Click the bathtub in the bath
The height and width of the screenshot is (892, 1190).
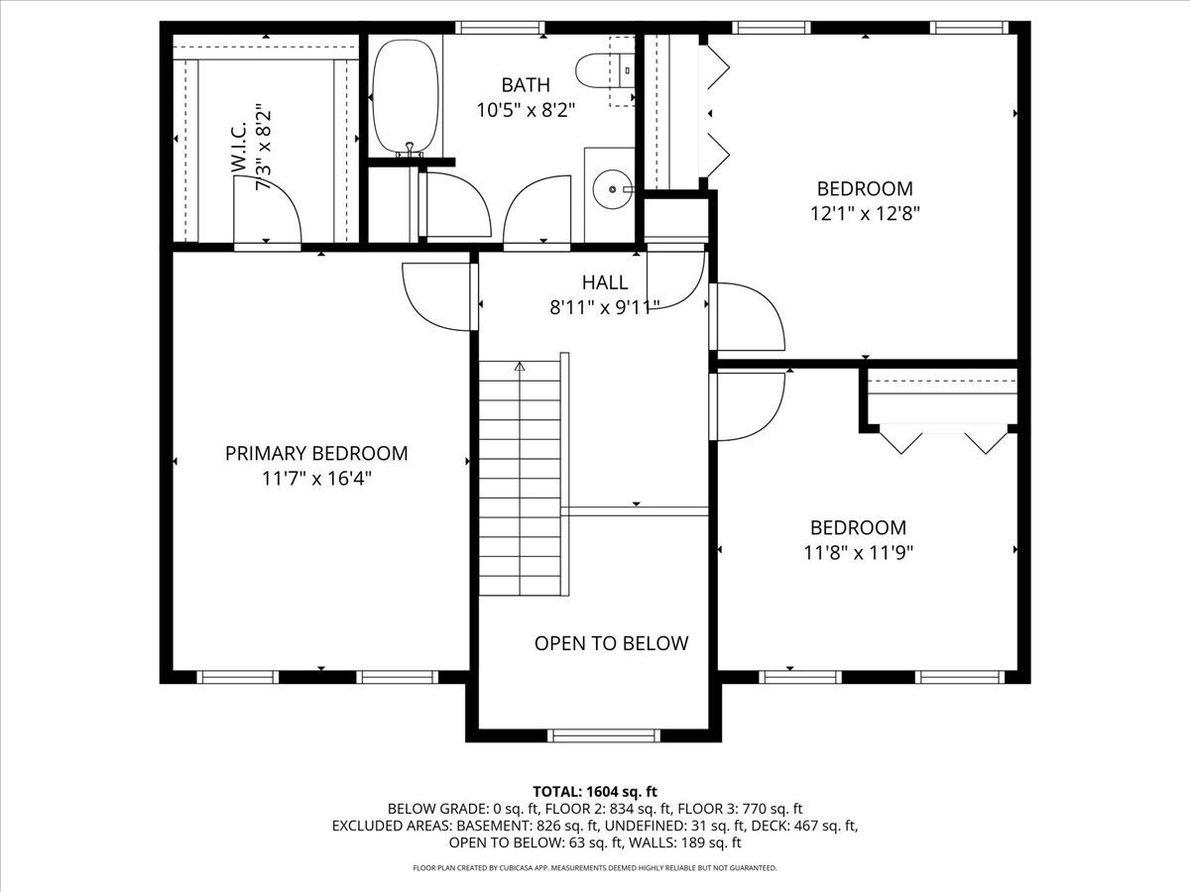click(x=406, y=97)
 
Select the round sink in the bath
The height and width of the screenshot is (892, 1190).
click(x=613, y=189)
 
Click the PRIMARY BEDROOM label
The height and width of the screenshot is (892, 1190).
click(x=316, y=453)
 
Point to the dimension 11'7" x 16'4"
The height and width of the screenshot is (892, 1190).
click(x=316, y=479)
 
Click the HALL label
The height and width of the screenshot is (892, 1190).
click(x=605, y=282)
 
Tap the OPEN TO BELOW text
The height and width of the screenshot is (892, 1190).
click(x=611, y=643)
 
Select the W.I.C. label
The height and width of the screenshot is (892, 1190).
click(x=239, y=148)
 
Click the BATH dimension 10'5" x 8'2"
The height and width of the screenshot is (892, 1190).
click(x=526, y=110)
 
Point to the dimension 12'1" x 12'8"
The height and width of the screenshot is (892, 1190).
click(x=866, y=214)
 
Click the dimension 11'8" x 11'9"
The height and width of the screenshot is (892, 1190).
click(x=858, y=553)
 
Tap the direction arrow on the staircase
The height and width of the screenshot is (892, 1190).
click(x=520, y=367)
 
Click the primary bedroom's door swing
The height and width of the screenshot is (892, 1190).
click(x=436, y=296)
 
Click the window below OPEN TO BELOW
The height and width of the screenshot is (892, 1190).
click(x=604, y=735)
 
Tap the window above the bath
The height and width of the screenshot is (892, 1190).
click(x=500, y=28)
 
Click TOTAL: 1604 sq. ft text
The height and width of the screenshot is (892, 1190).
click(x=595, y=792)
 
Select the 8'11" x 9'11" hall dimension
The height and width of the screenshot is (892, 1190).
click(x=605, y=307)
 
